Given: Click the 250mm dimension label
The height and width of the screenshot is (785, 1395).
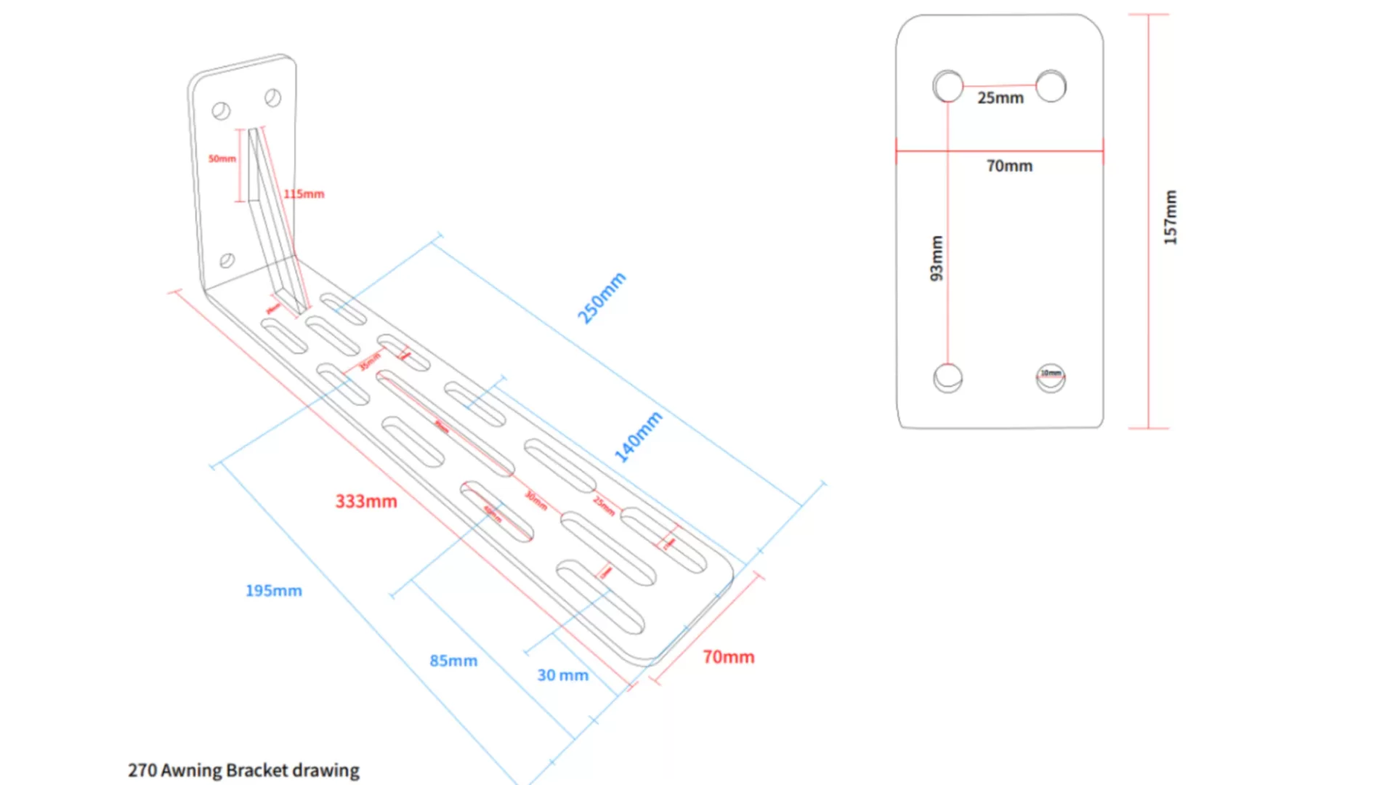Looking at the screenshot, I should [601, 298].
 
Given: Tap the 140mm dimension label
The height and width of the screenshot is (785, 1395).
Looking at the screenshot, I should [639, 437].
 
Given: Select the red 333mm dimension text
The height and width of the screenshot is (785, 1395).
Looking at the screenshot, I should [366, 502].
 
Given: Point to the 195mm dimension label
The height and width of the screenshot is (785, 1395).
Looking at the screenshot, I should [274, 591].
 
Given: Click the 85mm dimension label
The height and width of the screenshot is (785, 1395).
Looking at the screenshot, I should [453, 661].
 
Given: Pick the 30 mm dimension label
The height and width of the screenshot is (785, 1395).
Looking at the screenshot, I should [562, 675].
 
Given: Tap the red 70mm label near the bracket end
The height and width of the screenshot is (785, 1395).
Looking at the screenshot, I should [728, 657].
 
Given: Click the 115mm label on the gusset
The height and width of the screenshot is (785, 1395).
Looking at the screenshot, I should [304, 194].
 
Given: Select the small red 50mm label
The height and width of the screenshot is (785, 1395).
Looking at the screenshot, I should [222, 158].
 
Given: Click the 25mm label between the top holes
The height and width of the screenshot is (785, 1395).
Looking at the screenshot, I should [1000, 98].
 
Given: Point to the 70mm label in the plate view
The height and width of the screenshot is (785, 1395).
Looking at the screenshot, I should [1009, 166].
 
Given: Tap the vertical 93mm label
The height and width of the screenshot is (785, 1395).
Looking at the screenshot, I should [937, 258].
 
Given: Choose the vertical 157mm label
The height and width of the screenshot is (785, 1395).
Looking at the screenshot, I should [1170, 217].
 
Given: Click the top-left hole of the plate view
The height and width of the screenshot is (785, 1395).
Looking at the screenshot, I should [948, 86].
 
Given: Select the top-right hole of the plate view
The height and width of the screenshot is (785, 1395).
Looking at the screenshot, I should [1051, 86].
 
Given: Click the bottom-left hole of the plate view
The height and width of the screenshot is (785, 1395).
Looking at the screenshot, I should [948, 378].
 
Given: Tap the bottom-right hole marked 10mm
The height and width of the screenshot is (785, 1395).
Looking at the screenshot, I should [1051, 378].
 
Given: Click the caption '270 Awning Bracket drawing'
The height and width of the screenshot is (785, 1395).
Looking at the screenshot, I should [243, 770].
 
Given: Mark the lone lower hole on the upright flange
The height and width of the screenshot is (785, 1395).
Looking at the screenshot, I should [227, 260].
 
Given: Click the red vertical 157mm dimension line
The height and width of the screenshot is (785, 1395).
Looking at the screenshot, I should [1149, 327].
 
